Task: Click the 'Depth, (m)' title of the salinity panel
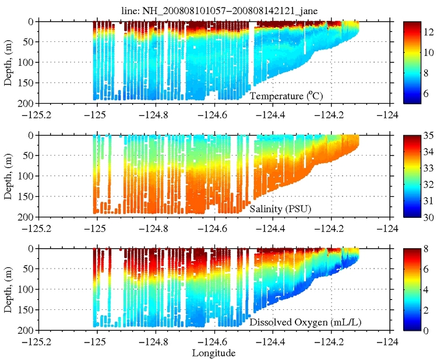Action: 8,176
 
